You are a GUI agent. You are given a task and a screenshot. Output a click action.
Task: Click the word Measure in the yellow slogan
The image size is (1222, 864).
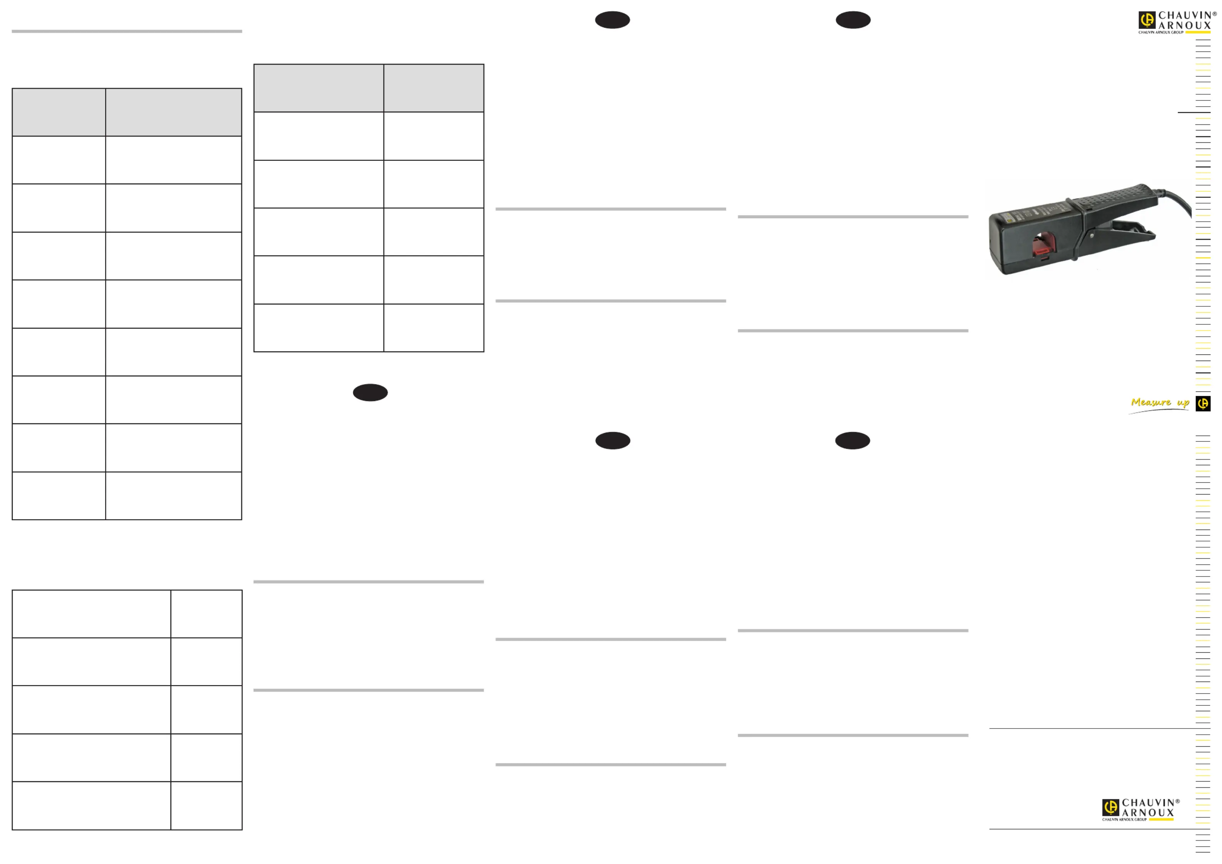(1151, 403)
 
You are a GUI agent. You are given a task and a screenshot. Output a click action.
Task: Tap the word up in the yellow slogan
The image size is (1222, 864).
(1183, 403)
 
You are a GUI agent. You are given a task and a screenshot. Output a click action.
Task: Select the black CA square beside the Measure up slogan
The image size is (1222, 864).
(1203, 403)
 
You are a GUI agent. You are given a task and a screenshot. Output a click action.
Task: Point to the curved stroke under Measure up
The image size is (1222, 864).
(1158, 411)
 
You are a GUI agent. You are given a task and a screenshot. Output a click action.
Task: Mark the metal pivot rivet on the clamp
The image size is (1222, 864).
(1092, 235)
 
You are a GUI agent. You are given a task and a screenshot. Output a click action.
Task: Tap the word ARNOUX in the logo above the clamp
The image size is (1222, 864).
(1185, 25)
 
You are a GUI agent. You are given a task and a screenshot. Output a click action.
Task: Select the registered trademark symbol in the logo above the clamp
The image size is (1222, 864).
(1215, 14)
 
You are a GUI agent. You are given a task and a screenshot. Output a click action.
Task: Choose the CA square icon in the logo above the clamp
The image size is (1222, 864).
(1147, 20)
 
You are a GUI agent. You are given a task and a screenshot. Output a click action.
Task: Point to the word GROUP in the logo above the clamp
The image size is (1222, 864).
(1177, 32)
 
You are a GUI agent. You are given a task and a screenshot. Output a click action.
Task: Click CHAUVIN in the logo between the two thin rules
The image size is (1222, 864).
(1148, 803)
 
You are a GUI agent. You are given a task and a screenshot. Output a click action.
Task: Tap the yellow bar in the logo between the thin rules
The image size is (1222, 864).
(1161, 820)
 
